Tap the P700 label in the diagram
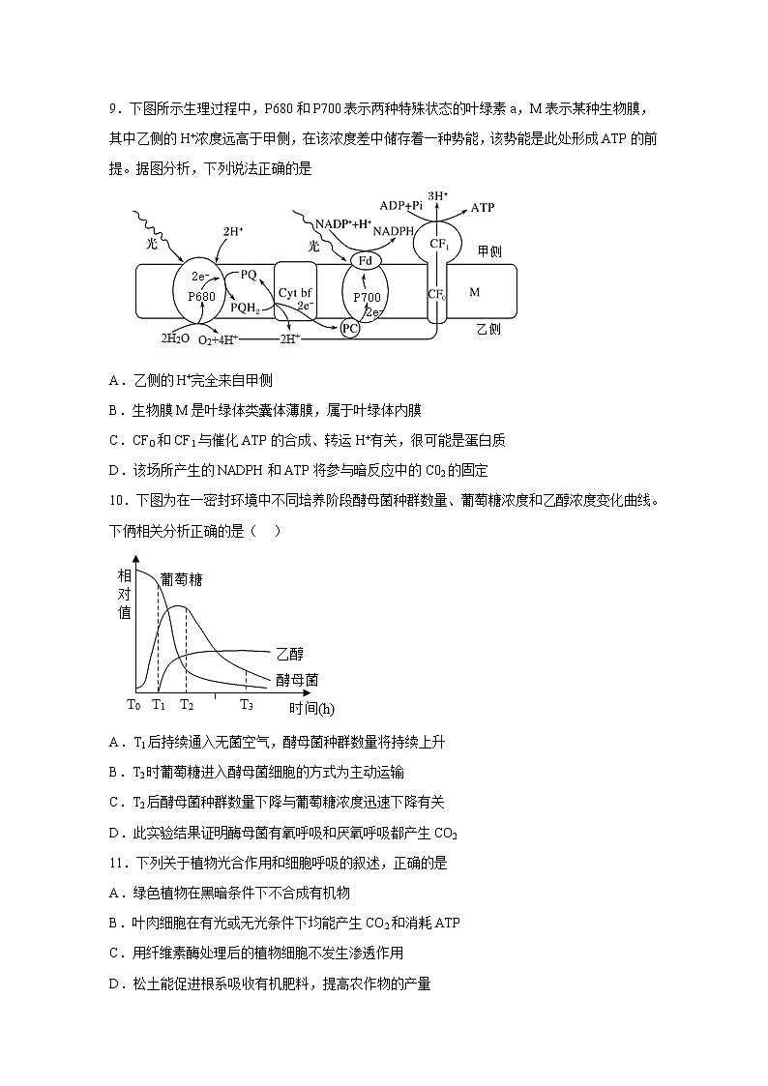pos(367,297)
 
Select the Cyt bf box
pos(294,292)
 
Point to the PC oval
pos(350,329)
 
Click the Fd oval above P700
pos(365,261)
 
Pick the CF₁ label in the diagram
pos(440,245)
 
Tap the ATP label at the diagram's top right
pos(482,208)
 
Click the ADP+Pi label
pos(400,205)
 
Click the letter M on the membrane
pos(473,291)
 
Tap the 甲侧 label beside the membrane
pos(489,251)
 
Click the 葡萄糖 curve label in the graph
pos(181,579)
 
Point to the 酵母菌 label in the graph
pos(296,680)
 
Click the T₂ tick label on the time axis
pos(186,705)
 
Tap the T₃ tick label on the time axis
pos(247,705)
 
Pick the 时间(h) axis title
pos(311,708)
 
